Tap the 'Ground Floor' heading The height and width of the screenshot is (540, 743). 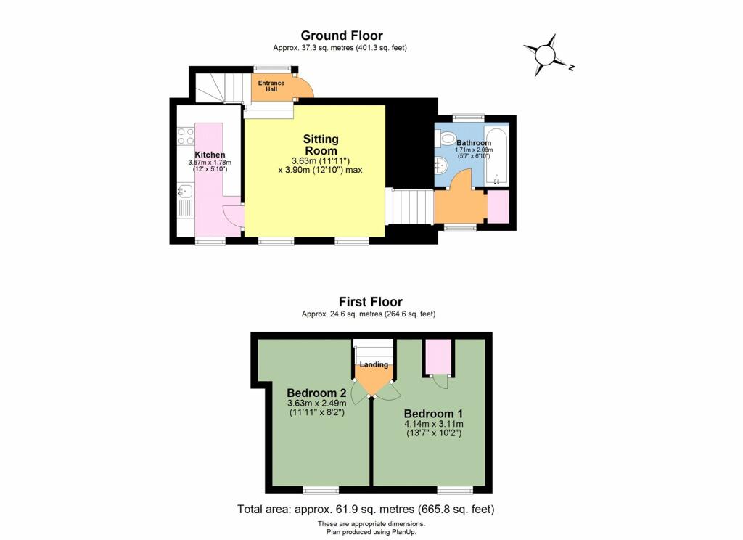342,36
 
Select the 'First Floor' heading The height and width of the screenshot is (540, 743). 370,301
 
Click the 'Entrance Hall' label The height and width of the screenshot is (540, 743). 271,86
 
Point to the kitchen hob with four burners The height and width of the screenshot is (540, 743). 185,136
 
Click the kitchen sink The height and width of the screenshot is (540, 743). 185,192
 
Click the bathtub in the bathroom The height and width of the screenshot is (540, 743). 498,155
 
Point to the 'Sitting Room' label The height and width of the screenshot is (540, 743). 321,144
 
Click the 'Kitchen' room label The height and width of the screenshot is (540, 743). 209,155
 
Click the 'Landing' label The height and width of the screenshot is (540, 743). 373,364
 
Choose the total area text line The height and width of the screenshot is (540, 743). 366,509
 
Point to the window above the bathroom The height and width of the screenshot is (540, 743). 468,117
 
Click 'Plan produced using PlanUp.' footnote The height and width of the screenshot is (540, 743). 371,532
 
